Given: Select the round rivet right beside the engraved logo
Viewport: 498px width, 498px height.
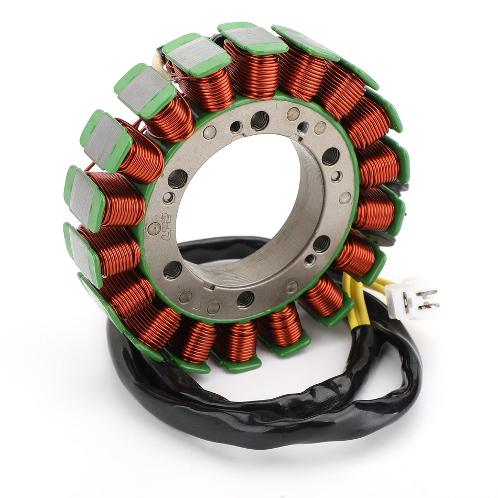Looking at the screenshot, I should [x=153, y=228].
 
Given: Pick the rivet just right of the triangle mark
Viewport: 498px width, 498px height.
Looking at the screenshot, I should [x=213, y=308].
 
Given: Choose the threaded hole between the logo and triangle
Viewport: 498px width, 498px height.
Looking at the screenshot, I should [x=172, y=269].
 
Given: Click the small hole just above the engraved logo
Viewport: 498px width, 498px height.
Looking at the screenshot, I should [x=168, y=198].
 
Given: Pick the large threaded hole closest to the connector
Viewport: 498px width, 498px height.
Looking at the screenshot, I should [x=321, y=244].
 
